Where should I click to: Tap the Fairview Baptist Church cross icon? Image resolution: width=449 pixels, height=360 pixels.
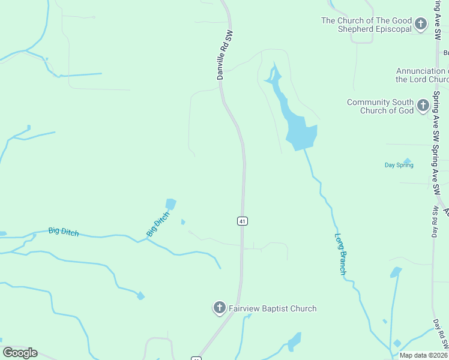[x=220, y=308]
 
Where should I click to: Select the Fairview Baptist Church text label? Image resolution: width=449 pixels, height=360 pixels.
[x=272, y=309]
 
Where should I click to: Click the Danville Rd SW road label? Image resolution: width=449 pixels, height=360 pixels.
[x=224, y=55]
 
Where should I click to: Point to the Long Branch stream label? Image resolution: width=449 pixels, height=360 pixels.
[x=341, y=254]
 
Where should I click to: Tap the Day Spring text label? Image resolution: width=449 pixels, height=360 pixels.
[x=399, y=165]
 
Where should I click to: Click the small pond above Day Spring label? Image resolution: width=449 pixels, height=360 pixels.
[x=408, y=160]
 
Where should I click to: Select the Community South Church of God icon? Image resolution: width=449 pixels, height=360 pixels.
[x=423, y=106]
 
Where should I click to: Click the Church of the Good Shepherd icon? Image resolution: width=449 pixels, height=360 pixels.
[x=421, y=25]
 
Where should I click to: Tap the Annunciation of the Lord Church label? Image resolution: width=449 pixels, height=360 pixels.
[x=422, y=75]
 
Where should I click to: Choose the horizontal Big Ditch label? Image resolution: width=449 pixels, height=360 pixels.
[x=64, y=232]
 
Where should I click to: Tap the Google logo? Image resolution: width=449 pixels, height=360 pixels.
[x=20, y=353]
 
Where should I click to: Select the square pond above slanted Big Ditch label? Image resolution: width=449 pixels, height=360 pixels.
[x=170, y=204]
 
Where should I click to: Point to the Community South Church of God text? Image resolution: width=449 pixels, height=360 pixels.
[x=381, y=106]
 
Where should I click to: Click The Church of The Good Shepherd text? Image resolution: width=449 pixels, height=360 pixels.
[x=367, y=25]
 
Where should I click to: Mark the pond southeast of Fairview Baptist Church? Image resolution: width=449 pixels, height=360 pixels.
[x=294, y=341]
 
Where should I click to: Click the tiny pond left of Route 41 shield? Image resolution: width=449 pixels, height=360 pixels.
[x=183, y=221]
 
